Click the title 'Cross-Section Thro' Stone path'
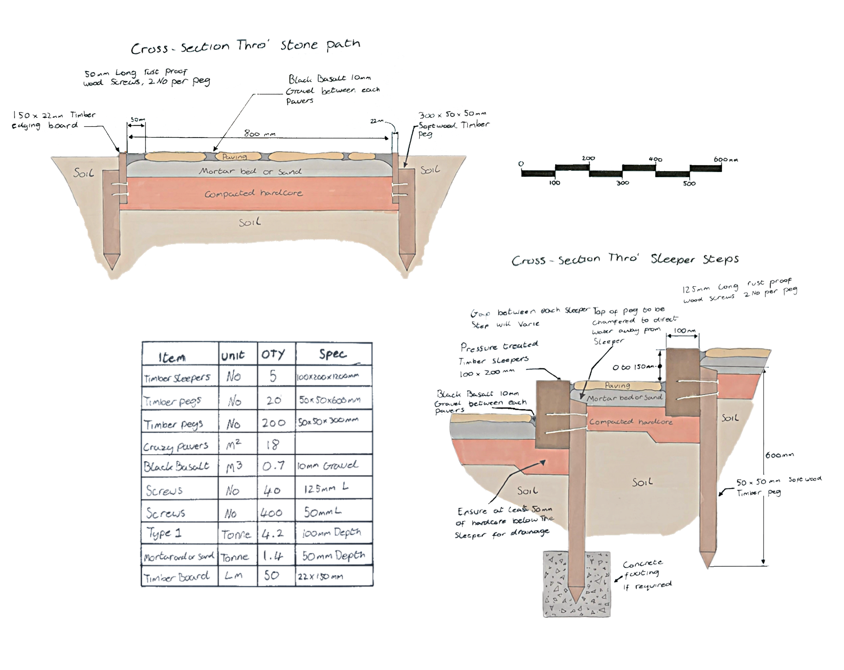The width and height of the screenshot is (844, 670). point(245,46)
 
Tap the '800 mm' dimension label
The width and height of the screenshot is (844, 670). point(259,134)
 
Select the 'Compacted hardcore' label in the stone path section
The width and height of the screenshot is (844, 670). point(253,193)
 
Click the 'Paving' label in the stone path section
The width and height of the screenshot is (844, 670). point(234,157)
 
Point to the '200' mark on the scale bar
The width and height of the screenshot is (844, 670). point(588,158)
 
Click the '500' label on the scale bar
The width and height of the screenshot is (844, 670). point(689,183)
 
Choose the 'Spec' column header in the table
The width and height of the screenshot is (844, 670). point(333,354)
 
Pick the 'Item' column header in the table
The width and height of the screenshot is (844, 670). point(172,357)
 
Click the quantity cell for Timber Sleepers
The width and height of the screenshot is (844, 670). point(273,376)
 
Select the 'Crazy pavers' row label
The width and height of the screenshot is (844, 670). point(175,446)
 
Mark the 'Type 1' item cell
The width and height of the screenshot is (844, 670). point(164,533)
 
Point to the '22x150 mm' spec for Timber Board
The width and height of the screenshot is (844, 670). point(320,576)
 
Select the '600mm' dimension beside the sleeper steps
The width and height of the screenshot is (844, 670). point(779,455)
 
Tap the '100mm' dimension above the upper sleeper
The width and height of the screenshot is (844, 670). point(684,331)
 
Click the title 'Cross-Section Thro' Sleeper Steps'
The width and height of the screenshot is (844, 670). point(625,259)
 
